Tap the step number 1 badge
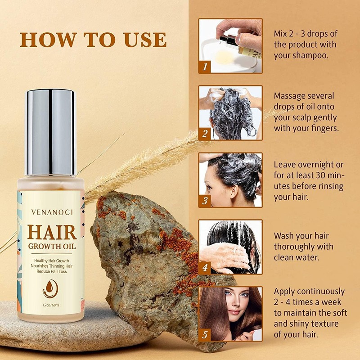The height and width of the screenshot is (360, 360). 205,67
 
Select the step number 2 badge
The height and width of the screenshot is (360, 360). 205,134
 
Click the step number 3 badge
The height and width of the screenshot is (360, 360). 205,201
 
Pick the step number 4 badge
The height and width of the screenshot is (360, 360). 205,268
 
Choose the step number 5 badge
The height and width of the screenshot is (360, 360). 205,334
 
